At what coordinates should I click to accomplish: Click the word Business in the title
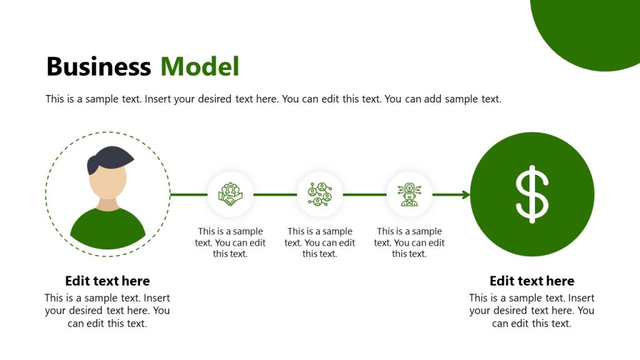coord(98,67)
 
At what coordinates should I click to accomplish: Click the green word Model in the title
coord(199,67)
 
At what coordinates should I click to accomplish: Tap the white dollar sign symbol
coord(532,194)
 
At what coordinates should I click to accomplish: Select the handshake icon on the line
coord(230,194)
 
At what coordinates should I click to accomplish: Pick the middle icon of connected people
coord(319,194)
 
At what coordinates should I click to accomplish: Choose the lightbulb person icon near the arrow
coord(409,194)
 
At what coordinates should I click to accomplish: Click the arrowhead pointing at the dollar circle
coord(466,195)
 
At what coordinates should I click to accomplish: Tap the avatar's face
coord(107,181)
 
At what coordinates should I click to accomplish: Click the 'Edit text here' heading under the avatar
coord(107,281)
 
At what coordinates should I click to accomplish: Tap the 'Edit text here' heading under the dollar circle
coord(532,281)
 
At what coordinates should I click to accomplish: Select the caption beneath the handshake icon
coord(230,242)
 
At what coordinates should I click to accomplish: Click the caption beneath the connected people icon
coord(319,242)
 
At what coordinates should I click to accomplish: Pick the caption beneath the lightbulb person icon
coord(409,242)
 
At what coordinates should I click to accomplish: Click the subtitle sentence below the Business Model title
coord(273,99)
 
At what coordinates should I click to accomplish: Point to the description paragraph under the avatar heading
coord(107,311)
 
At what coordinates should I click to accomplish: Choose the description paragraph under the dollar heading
coord(532,311)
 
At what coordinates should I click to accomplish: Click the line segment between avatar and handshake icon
coord(188,194)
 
